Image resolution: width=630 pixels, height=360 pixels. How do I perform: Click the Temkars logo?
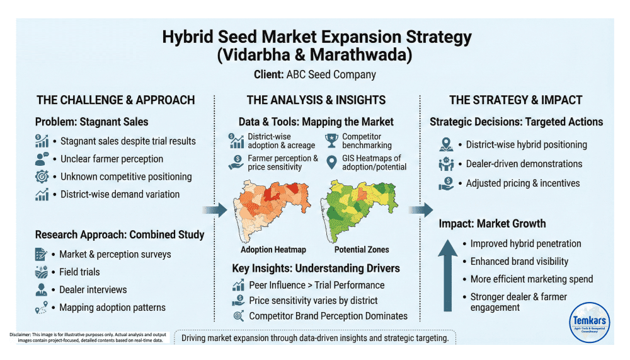coord(590,321)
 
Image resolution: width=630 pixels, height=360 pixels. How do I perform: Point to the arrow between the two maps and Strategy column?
coord(421,209)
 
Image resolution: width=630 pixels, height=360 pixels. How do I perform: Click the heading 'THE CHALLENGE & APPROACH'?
coord(115,100)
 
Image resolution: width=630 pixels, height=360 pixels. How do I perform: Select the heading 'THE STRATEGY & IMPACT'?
coord(515,100)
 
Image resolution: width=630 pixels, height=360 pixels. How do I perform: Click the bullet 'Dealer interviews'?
coord(93,289)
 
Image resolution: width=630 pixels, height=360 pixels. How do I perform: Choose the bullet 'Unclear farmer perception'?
coord(112,159)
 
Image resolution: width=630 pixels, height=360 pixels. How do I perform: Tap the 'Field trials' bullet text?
coord(79,272)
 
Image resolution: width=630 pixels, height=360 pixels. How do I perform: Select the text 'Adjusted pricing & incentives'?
coord(522,183)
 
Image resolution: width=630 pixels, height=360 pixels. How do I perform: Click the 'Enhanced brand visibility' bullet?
coord(519,261)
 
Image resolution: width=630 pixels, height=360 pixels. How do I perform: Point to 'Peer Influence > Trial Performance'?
coord(316,285)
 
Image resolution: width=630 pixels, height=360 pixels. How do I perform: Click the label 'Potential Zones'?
coord(362,250)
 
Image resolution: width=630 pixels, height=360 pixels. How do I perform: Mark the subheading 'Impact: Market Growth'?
coord(492,223)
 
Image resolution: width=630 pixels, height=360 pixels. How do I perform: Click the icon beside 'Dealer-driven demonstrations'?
coord(446,164)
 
